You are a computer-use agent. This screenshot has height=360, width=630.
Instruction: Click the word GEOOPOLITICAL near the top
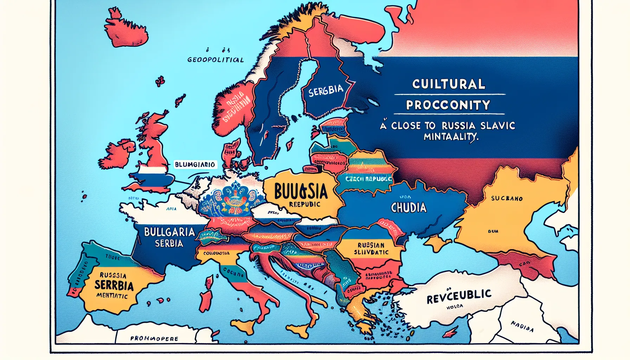(x=216, y=60)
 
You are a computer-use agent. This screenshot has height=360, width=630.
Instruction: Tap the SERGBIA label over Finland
(x=326, y=90)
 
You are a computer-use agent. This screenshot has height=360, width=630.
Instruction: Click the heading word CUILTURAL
(x=449, y=84)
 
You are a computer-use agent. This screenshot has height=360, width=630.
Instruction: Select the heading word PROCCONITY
(x=448, y=105)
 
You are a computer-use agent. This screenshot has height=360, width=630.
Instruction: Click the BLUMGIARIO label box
(x=195, y=165)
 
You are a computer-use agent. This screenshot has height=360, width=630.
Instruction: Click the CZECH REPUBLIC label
(x=368, y=179)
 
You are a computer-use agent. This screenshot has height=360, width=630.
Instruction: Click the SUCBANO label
(x=507, y=198)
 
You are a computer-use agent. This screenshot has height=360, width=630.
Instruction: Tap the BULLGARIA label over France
(x=169, y=232)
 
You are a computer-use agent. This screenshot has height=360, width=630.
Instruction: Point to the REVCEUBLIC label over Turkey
(x=459, y=296)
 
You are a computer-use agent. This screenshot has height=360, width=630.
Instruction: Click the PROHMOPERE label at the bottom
(x=154, y=339)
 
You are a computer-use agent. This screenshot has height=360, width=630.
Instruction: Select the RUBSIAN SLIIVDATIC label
(x=371, y=249)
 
